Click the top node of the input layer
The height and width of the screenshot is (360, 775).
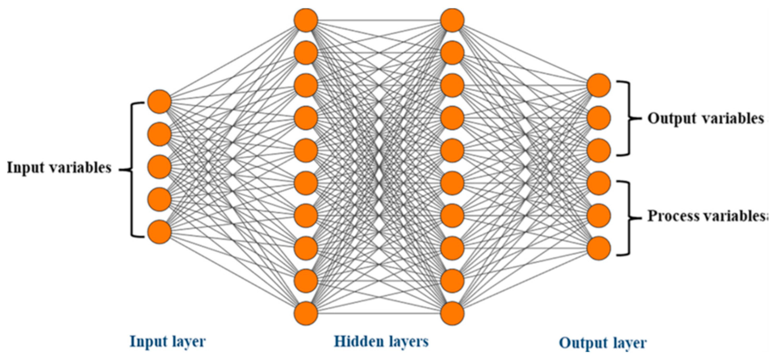click(160, 101)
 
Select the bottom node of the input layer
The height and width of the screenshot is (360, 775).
click(160, 232)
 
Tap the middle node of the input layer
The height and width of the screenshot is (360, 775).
click(160, 167)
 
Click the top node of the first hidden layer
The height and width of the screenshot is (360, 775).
click(306, 20)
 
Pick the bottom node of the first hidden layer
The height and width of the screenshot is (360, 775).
click(306, 313)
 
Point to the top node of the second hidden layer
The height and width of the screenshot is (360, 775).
click(452, 20)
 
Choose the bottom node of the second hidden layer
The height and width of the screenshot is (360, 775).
click(452, 313)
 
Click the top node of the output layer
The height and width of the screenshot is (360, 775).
click(599, 85)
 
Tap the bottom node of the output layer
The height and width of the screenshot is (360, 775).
click(599, 248)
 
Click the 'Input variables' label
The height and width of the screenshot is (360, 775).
click(59, 167)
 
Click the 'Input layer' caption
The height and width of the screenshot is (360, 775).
click(168, 342)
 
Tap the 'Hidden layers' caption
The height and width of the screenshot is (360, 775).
click(381, 342)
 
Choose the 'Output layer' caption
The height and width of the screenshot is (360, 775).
click(603, 343)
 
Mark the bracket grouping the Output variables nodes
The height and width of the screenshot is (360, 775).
click(628, 118)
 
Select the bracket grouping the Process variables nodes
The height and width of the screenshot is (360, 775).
click(628, 218)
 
